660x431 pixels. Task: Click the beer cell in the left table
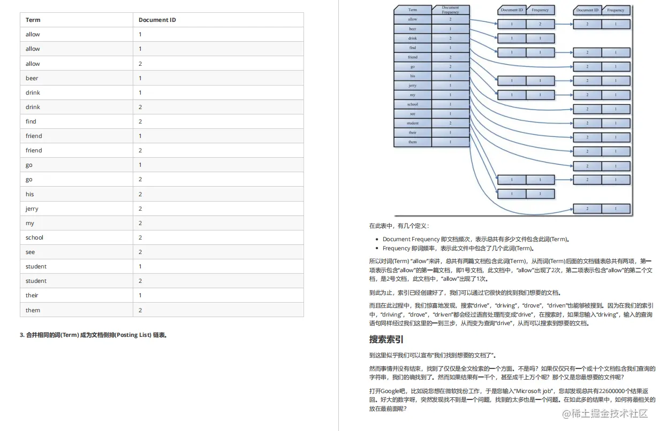tap(32, 78)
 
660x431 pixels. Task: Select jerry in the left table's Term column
tap(32, 209)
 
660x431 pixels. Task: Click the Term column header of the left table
tap(33, 20)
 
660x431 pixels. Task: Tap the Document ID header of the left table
tap(157, 20)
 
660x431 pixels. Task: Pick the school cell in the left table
tap(34, 237)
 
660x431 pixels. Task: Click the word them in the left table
tap(33, 310)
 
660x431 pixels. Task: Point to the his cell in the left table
tap(30, 194)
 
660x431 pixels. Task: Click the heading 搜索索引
tap(386, 340)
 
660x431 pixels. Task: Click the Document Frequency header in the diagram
tap(450, 10)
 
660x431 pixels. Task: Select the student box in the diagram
tap(412, 123)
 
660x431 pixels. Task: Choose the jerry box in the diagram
tap(412, 86)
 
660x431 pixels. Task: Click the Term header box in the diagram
tap(412, 10)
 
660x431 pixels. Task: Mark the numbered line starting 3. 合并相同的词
tap(94, 335)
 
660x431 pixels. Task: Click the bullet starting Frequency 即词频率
tap(458, 248)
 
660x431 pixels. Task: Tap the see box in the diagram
tap(412, 114)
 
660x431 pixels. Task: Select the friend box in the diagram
tap(412, 57)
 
